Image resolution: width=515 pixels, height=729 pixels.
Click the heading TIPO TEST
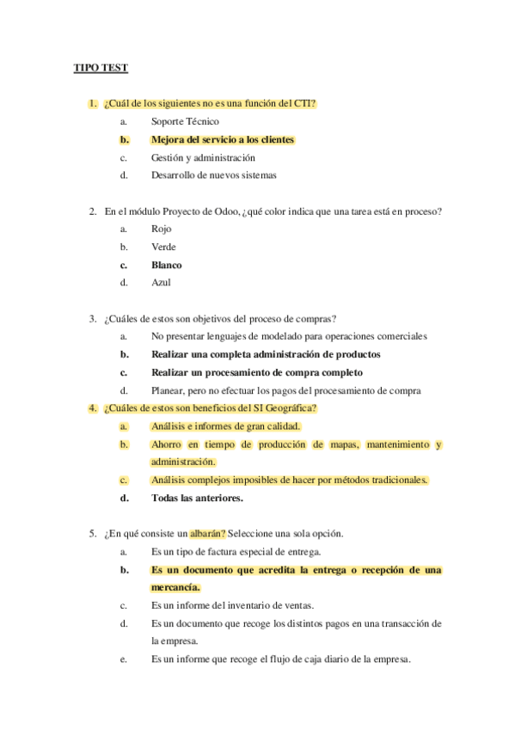coord(100,68)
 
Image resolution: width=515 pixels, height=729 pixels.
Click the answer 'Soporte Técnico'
coord(185,122)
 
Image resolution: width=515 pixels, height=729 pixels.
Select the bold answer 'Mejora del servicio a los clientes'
coord(223,140)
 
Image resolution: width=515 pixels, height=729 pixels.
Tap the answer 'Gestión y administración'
coord(203,158)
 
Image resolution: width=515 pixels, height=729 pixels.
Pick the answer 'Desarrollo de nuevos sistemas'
coord(214,176)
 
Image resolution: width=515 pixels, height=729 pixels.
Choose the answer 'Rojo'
coord(161,230)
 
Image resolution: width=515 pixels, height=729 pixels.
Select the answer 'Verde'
coord(163,248)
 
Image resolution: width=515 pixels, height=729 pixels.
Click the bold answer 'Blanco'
coord(167,266)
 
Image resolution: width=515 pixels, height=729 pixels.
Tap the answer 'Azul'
coord(160,283)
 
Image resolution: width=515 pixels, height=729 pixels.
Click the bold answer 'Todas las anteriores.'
coord(197,498)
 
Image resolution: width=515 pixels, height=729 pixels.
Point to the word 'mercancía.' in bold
coord(175,588)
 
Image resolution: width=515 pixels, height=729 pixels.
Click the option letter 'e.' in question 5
coord(124,659)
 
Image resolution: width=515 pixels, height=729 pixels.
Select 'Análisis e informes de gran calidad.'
coord(225,426)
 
